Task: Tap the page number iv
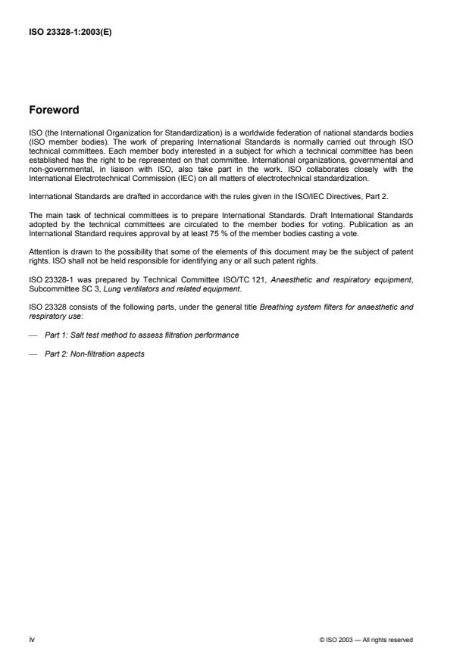(31, 639)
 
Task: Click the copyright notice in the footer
(366, 640)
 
